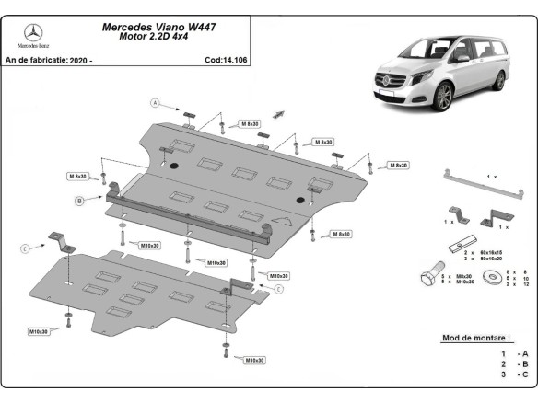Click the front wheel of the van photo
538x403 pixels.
tap(445, 96)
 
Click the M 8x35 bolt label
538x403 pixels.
tap(76, 176)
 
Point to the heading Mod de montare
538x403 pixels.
tap(475, 338)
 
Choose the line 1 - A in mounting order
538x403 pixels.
tap(513, 353)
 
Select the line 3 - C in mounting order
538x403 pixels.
tap(513, 374)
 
